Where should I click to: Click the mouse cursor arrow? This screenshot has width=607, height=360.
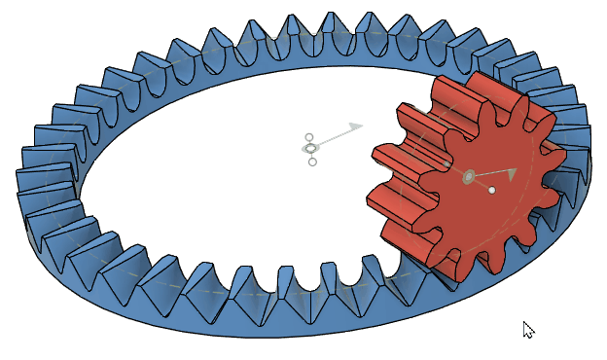[x=527, y=329]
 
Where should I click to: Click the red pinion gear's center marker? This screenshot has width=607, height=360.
[x=469, y=176]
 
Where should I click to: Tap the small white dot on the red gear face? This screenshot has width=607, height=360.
[x=492, y=190]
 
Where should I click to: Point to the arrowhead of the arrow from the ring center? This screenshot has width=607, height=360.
[x=357, y=126]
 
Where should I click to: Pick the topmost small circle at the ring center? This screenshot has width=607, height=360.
[x=308, y=137]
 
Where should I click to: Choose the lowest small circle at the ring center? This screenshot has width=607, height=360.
[x=312, y=162]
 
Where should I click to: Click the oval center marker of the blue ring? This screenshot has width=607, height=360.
[x=310, y=148]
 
